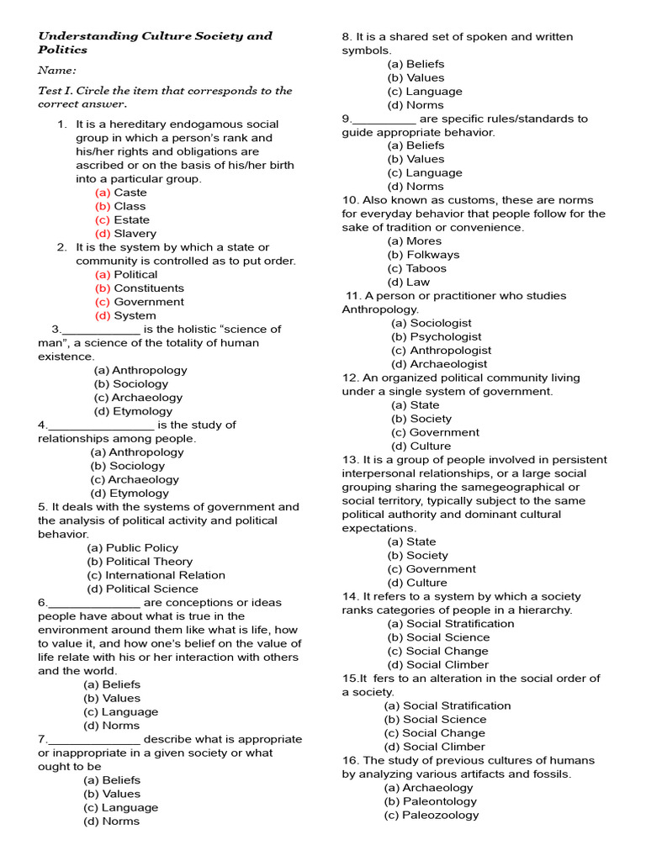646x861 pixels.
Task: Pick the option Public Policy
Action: (x=132, y=548)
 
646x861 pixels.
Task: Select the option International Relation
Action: (x=156, y=575)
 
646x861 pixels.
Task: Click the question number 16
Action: (x=350, y=760)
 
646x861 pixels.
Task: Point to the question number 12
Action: (x=350, y=378)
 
